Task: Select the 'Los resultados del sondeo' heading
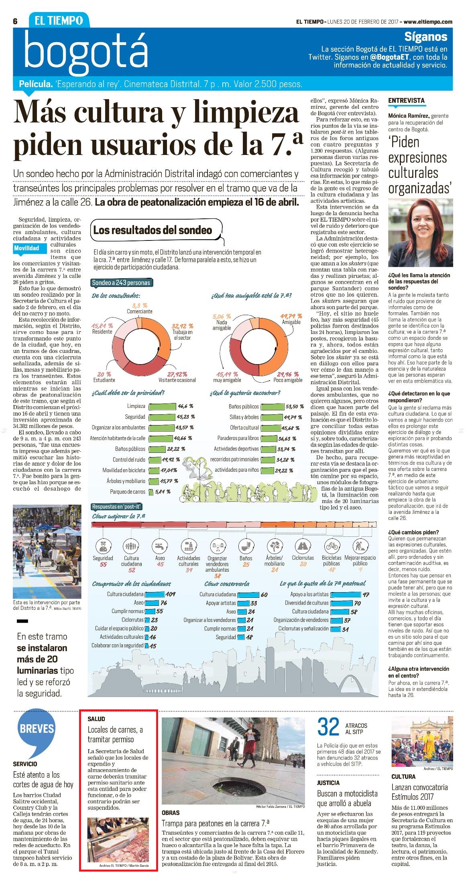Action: point(153,230)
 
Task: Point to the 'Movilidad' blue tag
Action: point(26,248)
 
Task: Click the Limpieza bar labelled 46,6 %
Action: point(162,406)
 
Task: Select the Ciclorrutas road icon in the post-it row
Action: point(303,546)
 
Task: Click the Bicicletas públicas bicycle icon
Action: point(332,546)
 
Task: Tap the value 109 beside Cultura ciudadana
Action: point(171,594)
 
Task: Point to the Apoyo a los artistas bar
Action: point(346,594)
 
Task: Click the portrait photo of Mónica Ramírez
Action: point(420,232)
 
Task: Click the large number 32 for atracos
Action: point(329,727)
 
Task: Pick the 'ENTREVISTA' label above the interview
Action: point(406,100)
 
